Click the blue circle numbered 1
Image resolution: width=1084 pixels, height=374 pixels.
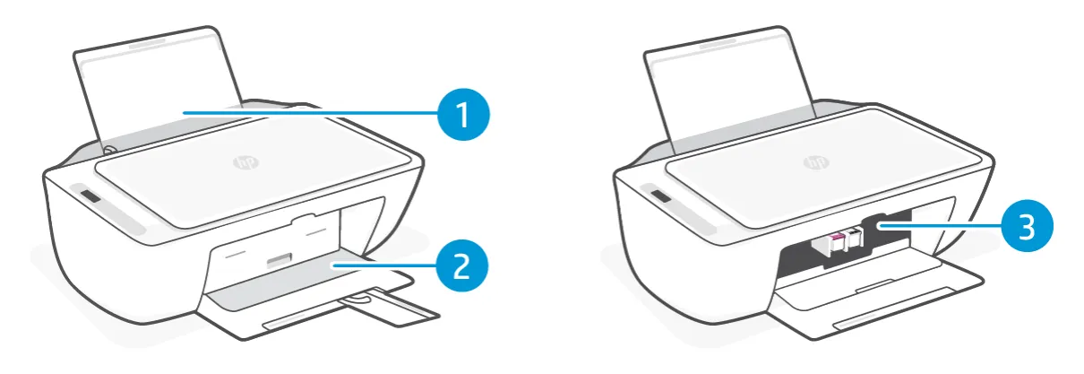pyautogui.click(x=463, y=115)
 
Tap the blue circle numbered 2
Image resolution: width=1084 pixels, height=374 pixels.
pyautogui.click(x=461, y=265)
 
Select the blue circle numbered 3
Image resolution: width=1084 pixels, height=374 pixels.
pyautogui.click(x=1027, y=226)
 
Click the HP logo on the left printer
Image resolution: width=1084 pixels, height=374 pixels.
pyautogui.click(x=245, y=162)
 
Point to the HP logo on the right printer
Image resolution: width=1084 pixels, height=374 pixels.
pyautogui.click(x=816, y=162)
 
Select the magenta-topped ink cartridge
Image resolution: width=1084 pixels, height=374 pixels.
pyautogui.click(x=836, y=242)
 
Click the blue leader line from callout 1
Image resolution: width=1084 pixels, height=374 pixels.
pyautogui.click(x=310, y=113)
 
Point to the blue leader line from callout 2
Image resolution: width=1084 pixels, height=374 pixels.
pyautogui.click(x=383, y=265)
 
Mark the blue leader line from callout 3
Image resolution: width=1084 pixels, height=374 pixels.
pyautogui.click(x=939, y=226)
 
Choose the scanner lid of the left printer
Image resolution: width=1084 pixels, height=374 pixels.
pyautogui.click(x=252, y=170)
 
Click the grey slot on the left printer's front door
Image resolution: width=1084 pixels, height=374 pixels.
pyautogui.click(x=280, y=261)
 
